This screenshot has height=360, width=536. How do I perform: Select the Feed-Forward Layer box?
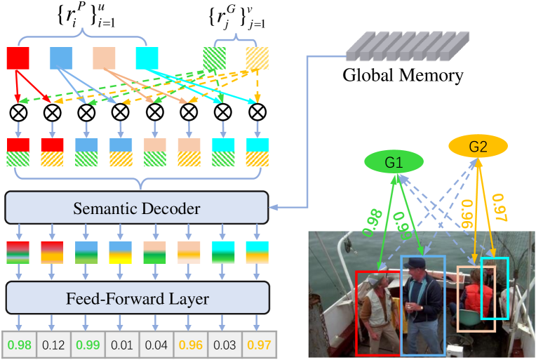point(138,299)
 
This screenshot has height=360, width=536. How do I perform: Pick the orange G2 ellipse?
point(478,147)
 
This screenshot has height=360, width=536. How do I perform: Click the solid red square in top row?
point(18,58)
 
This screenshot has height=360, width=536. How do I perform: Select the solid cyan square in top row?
point(147,58)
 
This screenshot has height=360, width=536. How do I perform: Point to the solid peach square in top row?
point(105,58)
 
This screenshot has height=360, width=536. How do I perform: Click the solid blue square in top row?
point(61,58)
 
